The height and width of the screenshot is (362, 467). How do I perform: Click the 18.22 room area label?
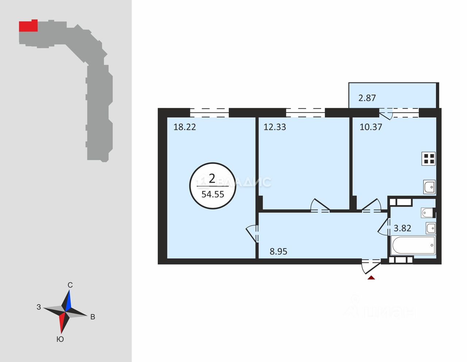(185, 127)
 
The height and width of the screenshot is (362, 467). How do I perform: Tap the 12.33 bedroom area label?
(275, 127)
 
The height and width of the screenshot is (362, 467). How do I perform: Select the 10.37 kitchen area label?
(371, 127)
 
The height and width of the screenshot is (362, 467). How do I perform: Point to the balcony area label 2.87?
(367, 98)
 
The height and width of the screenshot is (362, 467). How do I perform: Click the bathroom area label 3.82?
(402, 228)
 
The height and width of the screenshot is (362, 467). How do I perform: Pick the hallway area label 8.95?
(278, 251)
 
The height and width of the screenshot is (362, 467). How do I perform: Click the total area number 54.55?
(213, 194)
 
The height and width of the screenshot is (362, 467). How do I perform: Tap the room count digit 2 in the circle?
(212, 179)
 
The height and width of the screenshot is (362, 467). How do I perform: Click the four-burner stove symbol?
(429, 158)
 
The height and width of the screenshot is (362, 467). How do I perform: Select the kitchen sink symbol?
(429, 187)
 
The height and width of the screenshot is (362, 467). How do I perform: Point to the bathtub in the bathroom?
(413, 245)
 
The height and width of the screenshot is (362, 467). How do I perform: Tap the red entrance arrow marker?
(371, 278)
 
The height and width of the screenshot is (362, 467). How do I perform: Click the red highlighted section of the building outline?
(28, 26)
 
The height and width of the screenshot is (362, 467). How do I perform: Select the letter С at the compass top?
(70, 285)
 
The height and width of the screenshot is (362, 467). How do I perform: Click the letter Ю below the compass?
(60, 339)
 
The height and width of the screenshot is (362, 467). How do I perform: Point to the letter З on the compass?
(39, 307)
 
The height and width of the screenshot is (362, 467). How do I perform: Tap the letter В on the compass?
(93, 317)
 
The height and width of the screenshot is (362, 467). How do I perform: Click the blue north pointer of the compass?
(69, 301)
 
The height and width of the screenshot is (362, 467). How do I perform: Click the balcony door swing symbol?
(386, 115)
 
